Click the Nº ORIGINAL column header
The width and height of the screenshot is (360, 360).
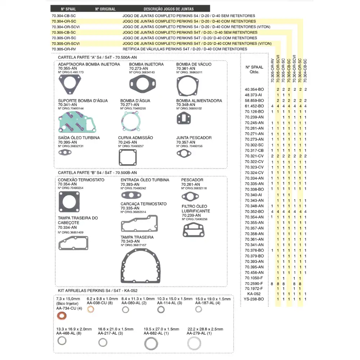tap(105, 9)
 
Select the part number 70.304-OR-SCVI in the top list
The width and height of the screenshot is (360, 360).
tap(66, 27)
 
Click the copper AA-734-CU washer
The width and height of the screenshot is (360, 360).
tap(62, 316)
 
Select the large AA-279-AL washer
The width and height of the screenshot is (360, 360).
tap(194, 343)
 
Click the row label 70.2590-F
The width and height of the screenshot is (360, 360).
tap(254, 283)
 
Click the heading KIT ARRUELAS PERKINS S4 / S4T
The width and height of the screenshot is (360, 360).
tap(98, 291)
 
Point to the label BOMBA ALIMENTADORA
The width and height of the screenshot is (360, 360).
tap(199, 101)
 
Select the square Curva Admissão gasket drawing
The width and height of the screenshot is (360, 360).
tap(128, 157)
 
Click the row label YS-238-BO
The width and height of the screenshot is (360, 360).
tap(254, 299)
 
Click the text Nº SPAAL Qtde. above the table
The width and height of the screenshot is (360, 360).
tap(254, 69)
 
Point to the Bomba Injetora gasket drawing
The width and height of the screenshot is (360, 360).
tap(142, 83)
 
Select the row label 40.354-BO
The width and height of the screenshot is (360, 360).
tap(254, 89)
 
